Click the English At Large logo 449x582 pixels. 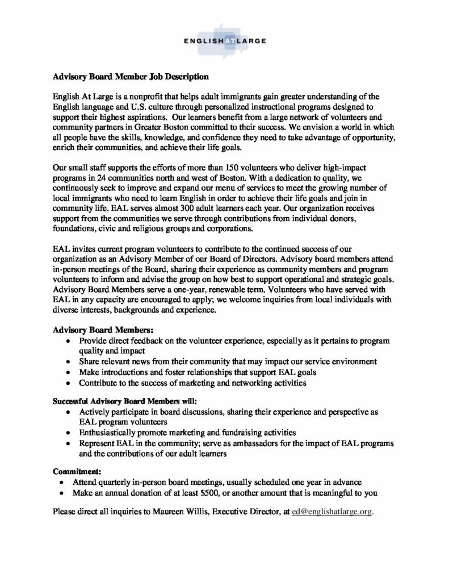[x=224, y=40]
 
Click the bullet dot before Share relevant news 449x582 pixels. [x=69, y=361]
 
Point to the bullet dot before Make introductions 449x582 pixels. [x=69, y=372]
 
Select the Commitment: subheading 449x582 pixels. [x=77, y=471]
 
